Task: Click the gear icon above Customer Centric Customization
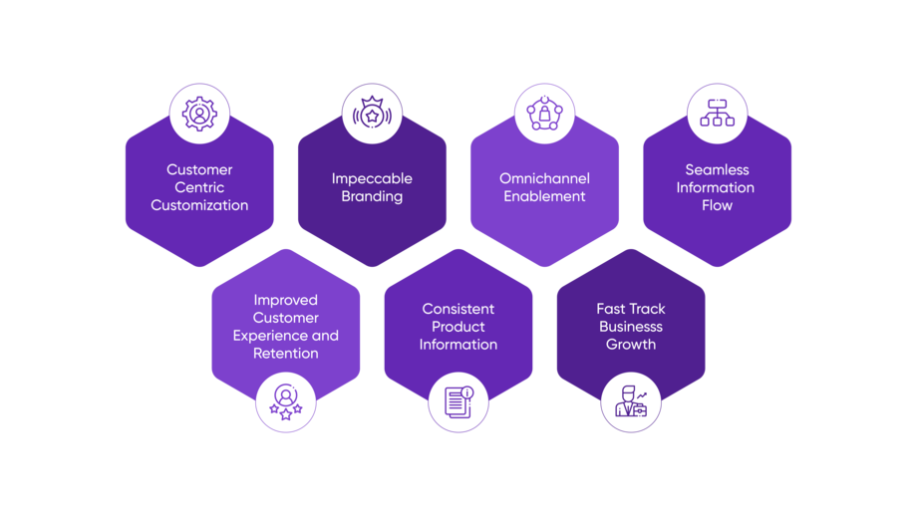(199, 114)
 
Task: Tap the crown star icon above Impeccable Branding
(372, 114)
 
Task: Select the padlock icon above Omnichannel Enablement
(544, 114)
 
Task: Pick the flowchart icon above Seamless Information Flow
(717, 114)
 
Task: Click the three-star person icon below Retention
(286, 402)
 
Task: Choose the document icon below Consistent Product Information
(458, 402)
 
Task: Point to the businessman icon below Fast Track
(631, 402)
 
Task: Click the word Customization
(199, 205)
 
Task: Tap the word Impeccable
(372, 178)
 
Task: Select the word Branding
(372, 196)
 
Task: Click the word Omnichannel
(544, 178)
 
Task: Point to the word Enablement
(544, 196)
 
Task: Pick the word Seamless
(717, 169)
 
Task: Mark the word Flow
(717, 205)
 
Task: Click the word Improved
(286, 300)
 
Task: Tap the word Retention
(286, 354)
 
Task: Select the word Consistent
(458, 309)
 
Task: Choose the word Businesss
(631, 327)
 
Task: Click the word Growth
(631, 345)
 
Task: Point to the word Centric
(199, 187)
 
